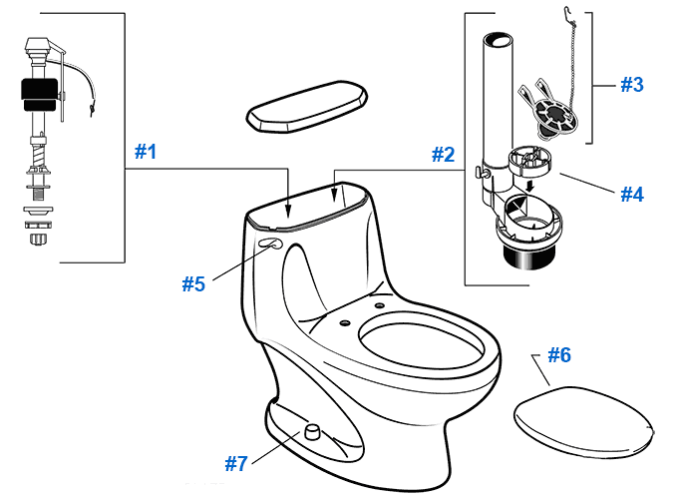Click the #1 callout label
pyautogui.click(x=146, y=152)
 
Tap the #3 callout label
pyautogui.click(x=631, y=85)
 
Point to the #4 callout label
pyautogui.click(x=631, y=194)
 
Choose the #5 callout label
pyautogui.click(x=192, y=283)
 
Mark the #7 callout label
pyautogui.click(x=235, y=463)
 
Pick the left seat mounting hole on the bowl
pyautogui.click(x=344, y=321)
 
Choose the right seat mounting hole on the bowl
pyautogui.click(x=380, y=302)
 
